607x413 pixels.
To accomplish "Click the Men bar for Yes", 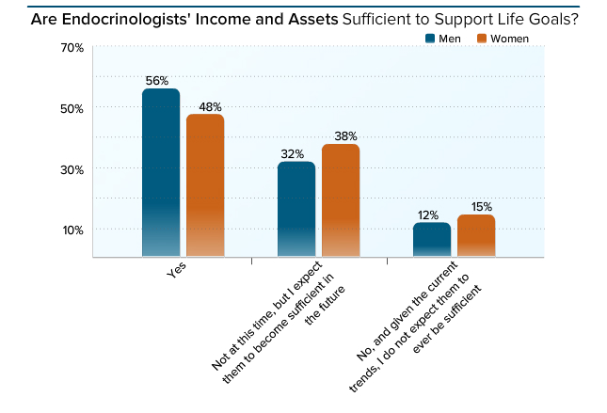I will [161, 173].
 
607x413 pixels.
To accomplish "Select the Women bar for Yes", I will [205, 185].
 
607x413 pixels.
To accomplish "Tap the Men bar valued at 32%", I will [296, 209].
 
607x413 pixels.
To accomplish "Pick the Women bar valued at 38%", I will [341, 200].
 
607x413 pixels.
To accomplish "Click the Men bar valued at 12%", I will [432, 240].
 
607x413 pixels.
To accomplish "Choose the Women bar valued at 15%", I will [476, 235].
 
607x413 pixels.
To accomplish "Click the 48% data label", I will [205, 105].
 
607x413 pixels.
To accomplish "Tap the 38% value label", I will [341, 135].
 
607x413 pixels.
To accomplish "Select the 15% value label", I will [476, 206].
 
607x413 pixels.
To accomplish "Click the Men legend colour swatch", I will [430, 39].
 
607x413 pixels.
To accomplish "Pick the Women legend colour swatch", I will [483, 39].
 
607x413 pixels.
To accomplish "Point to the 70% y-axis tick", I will [47, 47].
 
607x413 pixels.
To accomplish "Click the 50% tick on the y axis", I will [47, 108].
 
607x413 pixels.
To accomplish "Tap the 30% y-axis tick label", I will [47, 169].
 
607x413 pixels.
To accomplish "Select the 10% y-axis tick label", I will [47, 230].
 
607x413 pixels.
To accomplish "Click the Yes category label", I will [175, 271].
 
